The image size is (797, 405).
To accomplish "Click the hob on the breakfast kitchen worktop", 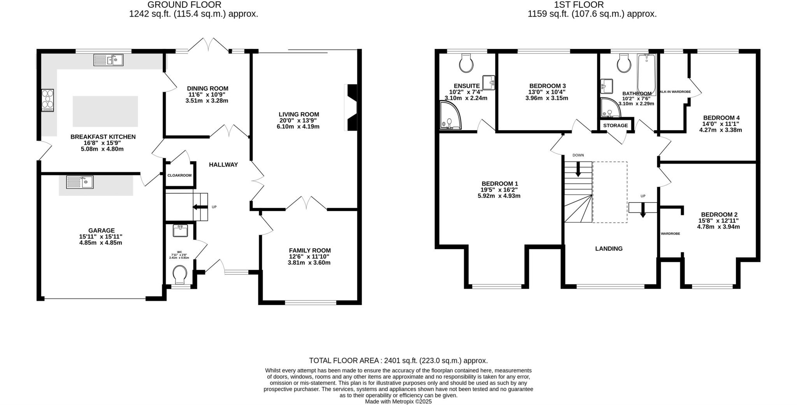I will [47, 101].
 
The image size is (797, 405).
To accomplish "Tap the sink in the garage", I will [80, 182].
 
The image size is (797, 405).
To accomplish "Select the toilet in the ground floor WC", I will [180, 274].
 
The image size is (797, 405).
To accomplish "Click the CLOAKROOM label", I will [179, 175].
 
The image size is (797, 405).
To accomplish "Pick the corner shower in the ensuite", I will [449, 115].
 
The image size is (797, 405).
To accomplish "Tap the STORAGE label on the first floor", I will [616, 126].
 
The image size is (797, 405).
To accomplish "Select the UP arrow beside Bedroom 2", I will [643, 209].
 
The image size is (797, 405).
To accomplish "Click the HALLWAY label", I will [223, 165].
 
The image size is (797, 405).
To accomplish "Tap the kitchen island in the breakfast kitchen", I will [105, 111].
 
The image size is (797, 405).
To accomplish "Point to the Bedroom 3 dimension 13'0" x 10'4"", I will [547, 92].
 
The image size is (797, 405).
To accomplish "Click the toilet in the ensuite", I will [466, 63].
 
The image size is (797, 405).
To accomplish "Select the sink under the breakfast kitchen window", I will [109, 60].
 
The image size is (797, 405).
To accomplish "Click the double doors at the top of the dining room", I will [210, 45].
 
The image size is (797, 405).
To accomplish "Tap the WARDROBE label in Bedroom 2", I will [670, 234].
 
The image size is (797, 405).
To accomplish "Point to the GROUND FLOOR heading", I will [184, 5].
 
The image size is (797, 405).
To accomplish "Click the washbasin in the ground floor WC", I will [180, 230].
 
